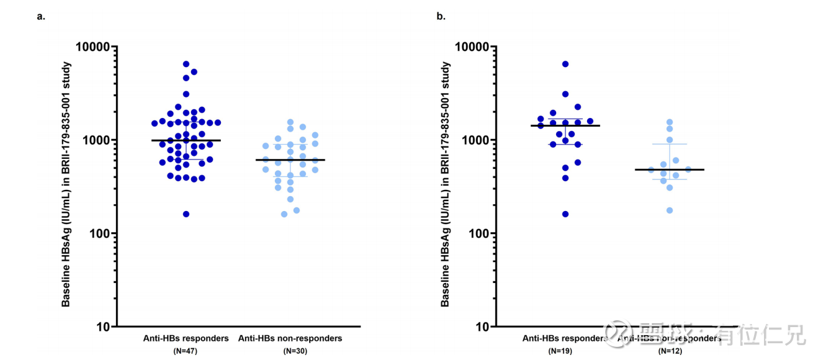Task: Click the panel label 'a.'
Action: (x=41, y=17)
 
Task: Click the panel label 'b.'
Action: (x=441, y=17)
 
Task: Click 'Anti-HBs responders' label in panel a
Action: (x=186, y=339)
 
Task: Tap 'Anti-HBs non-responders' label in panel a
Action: (x=290, y=339)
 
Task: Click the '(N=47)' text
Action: (x=185, y=352)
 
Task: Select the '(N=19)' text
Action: (x=565, y=352)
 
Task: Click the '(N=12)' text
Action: (x=670, y=352)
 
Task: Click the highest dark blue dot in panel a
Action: (x=186, y=64)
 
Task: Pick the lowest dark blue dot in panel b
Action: (x=565, y=214)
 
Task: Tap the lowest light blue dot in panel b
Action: (x=670, y=210)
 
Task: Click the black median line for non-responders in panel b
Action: (x=670, y=169)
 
